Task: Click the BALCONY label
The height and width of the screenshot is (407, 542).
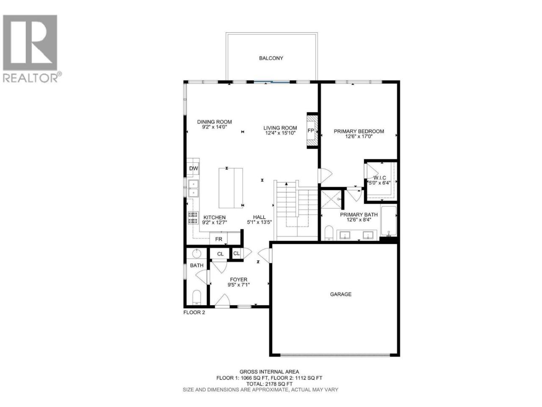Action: pos(271,59)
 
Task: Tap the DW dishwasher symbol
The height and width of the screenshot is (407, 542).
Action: pos(194,169)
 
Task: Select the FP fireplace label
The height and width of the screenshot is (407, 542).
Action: pos(311,131)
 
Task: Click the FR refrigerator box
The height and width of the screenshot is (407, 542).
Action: pos(218,239)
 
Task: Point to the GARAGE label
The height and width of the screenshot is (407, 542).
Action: pos(340,294)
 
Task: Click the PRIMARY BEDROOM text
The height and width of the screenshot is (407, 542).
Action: pos(359,131)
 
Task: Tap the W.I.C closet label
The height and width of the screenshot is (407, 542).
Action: pos(379,178)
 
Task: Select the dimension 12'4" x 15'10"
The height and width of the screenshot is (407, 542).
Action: pos(280,133)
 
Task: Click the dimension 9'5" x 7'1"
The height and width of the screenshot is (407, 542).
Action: pos(238,284)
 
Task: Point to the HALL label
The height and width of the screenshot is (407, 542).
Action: pos(259,217)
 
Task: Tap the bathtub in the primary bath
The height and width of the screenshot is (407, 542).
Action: pos(388,221)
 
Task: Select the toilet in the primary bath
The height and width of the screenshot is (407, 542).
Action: pos(329,233)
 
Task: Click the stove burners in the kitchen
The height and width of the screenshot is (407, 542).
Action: pos(193,218)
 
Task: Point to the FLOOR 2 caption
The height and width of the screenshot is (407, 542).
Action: pos(194,312)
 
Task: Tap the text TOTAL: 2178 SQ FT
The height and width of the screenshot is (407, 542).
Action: pos(269,391)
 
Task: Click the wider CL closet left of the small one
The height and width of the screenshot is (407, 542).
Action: pos(220,254)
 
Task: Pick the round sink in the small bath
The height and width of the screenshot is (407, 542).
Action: pos(196,254)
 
